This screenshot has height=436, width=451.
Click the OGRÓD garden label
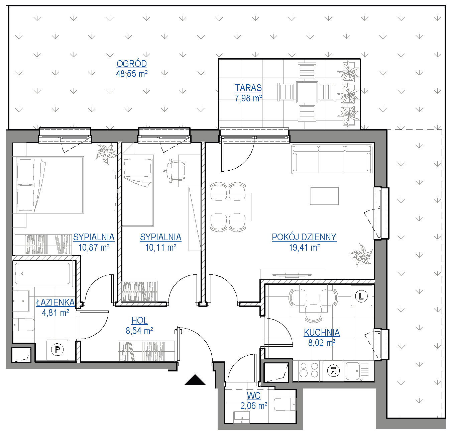click(132, 64)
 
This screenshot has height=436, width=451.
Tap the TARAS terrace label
click(248, 88)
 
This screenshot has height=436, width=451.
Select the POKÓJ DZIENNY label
click(304, 237)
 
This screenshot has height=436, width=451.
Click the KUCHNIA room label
click(322, 332)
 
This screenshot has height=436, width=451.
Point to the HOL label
click(139, 320)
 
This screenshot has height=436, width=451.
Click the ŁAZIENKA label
click(55, 302)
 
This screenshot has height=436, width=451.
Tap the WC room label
click(253, 396)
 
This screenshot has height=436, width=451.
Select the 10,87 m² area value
click(94, 248)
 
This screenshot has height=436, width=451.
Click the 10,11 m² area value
click(160, 248)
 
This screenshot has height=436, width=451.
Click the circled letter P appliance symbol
click(57, 349)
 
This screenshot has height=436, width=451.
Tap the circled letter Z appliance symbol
click(333, 371)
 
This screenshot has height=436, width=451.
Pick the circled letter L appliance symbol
click(361, 296)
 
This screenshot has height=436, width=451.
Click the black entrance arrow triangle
click(195, 380)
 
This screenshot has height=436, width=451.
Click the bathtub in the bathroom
click(42, 273)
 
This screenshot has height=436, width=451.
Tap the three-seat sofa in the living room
click(332, 159)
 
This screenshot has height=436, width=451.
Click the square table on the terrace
click(307, 92)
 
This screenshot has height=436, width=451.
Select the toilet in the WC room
click(285, 405)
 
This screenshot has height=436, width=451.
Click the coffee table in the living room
click(324, 196)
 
